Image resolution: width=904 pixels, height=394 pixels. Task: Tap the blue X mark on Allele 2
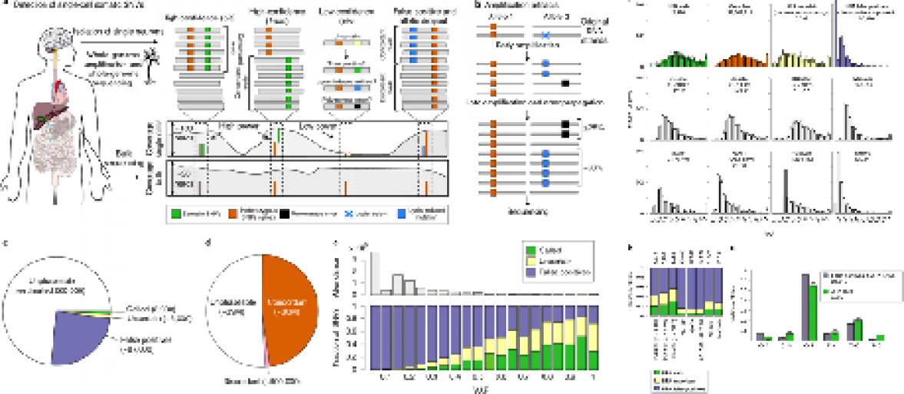(546, 35)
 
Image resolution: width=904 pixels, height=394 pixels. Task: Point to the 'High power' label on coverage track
(237, 123)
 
